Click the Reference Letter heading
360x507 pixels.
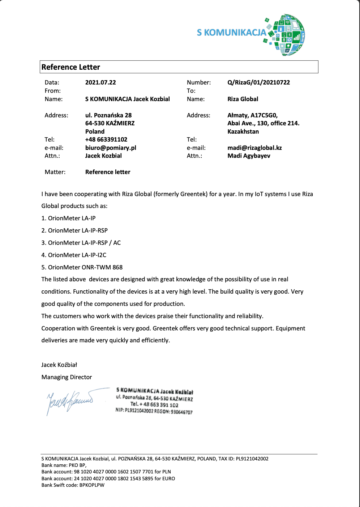point(71,67)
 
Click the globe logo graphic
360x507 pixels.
point(288,35)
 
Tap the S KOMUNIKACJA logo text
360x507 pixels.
point(231,32)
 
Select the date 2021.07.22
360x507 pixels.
point(100,82)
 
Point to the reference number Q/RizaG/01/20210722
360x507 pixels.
point(258,82)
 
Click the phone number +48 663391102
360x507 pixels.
point(106,139)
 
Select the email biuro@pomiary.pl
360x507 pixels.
point(111,148)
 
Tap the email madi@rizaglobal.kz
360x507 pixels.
point(254,148)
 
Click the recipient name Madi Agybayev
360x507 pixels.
point(249,156)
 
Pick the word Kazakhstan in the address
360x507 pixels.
point(243,131)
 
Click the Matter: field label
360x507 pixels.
point(55,172)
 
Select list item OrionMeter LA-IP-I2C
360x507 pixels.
point(74,255)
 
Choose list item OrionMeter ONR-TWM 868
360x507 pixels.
point(82,267)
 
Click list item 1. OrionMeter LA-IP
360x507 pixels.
point(68,218)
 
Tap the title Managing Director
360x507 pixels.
point(67,377)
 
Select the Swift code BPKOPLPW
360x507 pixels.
point(92,485)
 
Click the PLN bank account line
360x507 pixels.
point(106,472)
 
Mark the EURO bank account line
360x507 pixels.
point(108,478)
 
